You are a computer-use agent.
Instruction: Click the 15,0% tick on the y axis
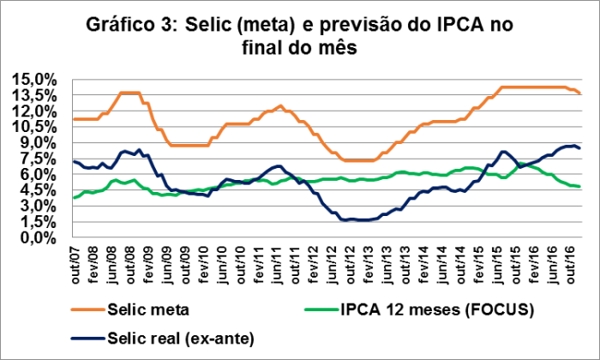34,80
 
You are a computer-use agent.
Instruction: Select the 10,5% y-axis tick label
34,127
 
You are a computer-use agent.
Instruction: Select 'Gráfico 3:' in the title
131,25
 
